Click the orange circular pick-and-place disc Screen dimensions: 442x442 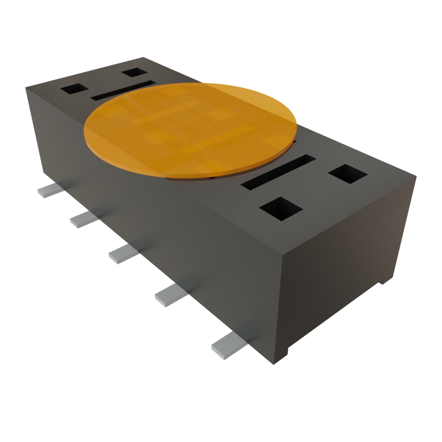[190, 129]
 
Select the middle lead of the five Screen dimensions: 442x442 [123, 254]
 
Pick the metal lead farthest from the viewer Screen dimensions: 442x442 [50, 190]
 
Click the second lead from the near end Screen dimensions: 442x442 [170, 296]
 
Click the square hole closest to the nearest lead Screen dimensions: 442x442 [281, 208]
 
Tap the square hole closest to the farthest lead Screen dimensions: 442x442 [74, 89]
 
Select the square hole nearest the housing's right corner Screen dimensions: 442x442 [347, 174]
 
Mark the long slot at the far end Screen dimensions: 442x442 [123, 90]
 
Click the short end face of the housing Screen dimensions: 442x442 [345, 259]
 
